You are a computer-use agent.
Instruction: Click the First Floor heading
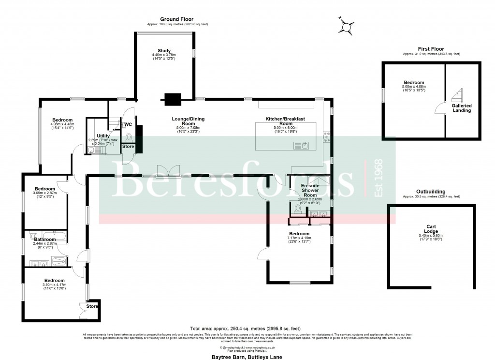click(x=431, y=49)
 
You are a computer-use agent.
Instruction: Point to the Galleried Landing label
click(x=462, y=107)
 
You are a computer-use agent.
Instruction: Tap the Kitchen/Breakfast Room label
click(x=287, y=121)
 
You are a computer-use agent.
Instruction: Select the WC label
click(x=128, y=124)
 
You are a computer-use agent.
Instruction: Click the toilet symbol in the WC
click(x=128, y=136)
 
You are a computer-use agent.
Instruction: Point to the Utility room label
click(x=103, y=136)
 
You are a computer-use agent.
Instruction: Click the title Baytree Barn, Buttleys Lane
click(x=247, y=357)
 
